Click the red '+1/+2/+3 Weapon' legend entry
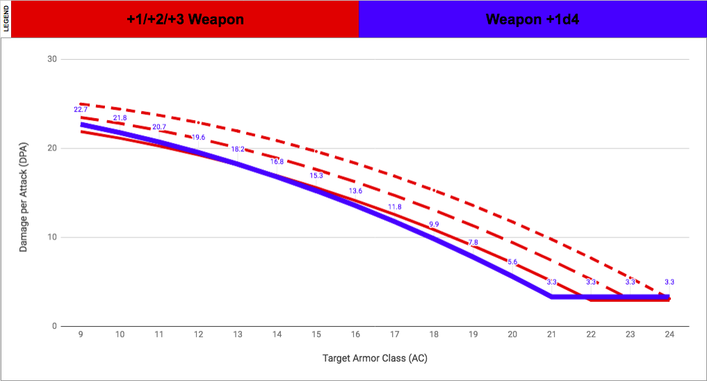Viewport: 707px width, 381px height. pyautogui.click(x=185, y=19)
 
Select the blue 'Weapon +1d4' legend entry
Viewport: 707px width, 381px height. pyautogui.click(x=533, y=19)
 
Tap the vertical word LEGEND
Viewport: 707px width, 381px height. pyautogui.click(x=6, y=19)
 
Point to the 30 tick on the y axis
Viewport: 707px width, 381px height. pyautogui.click(x=50, y=59)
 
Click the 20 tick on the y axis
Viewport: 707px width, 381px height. pyautogui.click(x=50, y=149)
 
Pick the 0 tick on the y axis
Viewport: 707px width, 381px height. pyautogui.click(x=53, y=326)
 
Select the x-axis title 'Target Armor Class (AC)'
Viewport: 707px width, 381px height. pyautogui.click(x=375, y=359)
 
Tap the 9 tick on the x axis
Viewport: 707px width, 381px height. pyautogui.click(x=81, y=335)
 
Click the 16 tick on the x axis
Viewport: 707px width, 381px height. pyautogui.click(x=355, y=335)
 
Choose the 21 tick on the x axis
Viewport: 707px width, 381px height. pyautogui.click(x=551, y=335)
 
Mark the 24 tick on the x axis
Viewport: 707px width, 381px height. pyautogui.click(x=669, y=335)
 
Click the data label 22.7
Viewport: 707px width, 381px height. pyautogui.click(x=81, y=110)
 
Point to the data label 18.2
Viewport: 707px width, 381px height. pyautogui.click(x=238, y=149)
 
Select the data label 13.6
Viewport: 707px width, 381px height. pyautogui.click(x=355, y=191)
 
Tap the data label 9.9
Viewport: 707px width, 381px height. pyautogui.click(x=434, y=224)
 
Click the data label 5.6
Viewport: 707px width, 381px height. pyautogui.click(x=512, y=262)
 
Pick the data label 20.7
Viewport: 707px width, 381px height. pyautogui.click(x=159, y=127)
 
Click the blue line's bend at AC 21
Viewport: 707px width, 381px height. pyautogui.click(x=551, y=297)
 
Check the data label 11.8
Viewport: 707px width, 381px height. pyautogui.click(x=395, y=207)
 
